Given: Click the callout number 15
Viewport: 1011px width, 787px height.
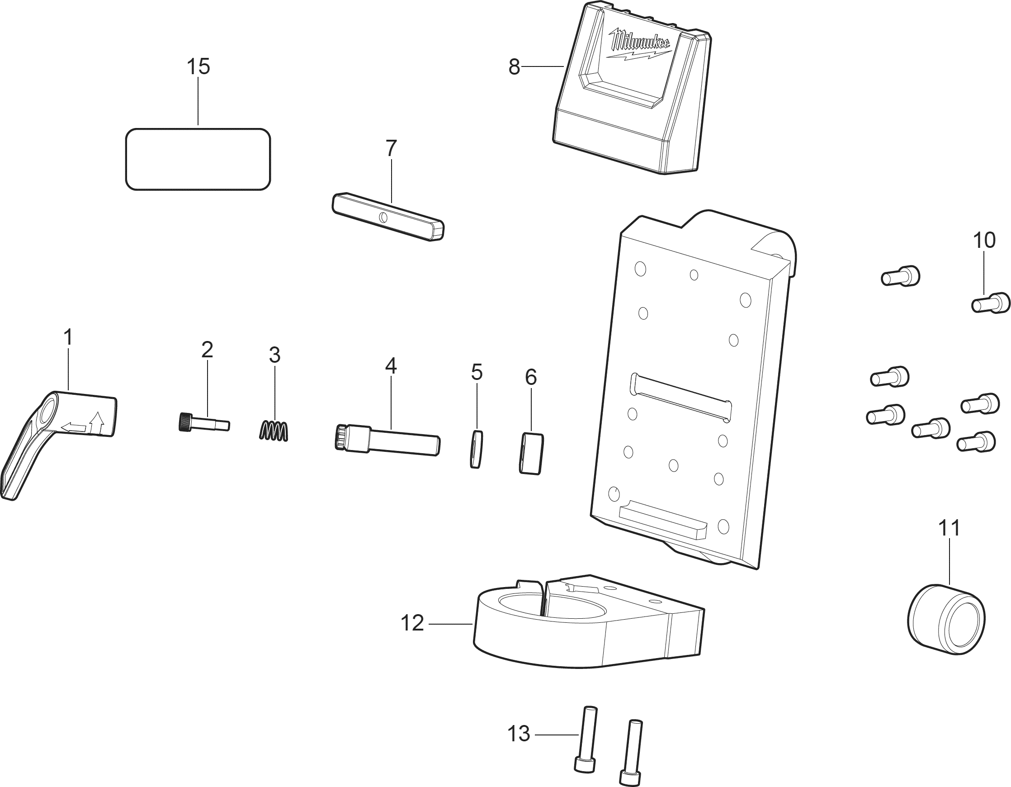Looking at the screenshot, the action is click(198, 66).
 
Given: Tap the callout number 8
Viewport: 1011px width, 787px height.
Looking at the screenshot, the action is click(514, 67).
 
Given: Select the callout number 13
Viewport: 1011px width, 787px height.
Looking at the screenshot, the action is click(519, 734).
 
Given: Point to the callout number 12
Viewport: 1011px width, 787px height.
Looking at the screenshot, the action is click(412, 624).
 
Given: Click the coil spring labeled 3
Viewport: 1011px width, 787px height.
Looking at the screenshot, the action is click(274, 431).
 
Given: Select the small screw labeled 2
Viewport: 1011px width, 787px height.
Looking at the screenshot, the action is click(203, 422).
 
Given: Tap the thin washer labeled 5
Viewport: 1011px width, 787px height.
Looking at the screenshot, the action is click(477, 449).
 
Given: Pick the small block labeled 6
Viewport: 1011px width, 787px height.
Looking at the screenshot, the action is click(531, 453).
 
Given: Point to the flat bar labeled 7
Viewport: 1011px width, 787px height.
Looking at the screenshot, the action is click(388, 216).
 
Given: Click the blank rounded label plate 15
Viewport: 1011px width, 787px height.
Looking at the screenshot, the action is click(198, 159).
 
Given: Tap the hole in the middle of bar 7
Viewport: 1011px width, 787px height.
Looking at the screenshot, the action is click(383, 217).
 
